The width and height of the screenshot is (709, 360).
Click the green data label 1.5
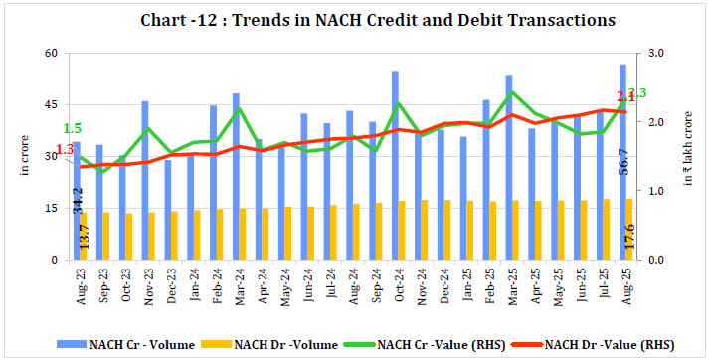pos(72,128)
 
